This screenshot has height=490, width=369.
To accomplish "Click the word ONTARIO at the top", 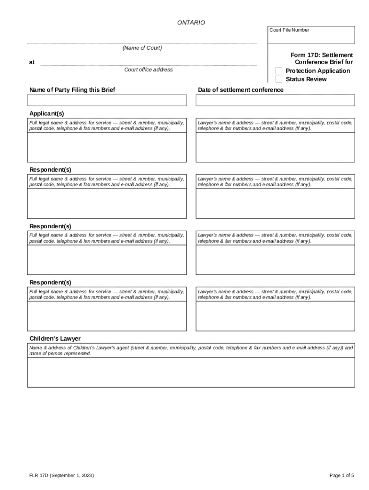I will [191, 22].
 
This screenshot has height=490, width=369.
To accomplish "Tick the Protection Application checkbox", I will [279, 71].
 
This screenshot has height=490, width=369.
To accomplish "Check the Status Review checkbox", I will [279, 79].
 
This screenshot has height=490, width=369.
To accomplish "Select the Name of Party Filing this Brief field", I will [107, 100].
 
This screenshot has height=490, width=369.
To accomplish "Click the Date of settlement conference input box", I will [275, 100].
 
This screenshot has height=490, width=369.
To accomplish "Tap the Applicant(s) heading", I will [46, 113].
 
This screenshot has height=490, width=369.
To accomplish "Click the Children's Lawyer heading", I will [55, 338].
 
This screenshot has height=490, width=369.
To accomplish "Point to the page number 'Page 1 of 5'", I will [342, 475].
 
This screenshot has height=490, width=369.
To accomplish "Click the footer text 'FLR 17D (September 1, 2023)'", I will [61, 475].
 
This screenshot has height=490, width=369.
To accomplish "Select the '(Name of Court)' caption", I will [142, 48].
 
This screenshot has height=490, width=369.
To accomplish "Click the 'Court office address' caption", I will [148, 70].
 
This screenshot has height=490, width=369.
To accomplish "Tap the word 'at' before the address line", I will [32, 62].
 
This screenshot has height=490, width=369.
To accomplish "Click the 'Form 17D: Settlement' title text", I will [322, 55].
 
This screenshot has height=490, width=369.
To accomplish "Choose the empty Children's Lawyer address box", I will [191, 372].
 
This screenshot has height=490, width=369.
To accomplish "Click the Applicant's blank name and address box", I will [107, 147].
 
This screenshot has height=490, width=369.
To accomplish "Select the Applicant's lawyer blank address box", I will [275, 147].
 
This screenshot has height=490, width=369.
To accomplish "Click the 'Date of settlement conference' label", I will [241, 90].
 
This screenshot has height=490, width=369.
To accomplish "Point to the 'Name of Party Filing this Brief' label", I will [72, 90].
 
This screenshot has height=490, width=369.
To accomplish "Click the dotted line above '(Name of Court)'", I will [142, 44].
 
